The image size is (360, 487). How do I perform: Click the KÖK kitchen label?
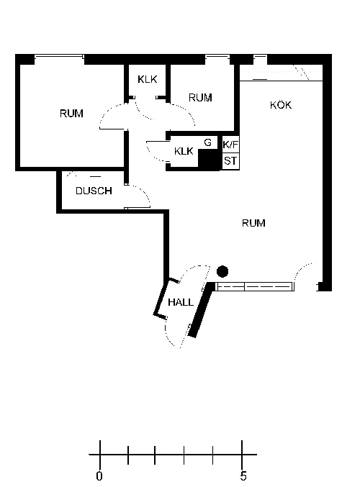[281, 105]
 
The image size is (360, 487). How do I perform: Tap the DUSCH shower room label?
[94, 191]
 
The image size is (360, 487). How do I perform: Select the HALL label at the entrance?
[181, 302]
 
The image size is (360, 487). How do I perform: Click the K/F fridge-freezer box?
[230, 145]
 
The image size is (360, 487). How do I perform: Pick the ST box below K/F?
[230, 161]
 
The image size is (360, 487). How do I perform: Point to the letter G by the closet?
[207, 142]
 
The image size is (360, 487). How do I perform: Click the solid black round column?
[222, 271]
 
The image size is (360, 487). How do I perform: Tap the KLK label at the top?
[148, 79]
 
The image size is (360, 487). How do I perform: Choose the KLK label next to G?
[184, 151]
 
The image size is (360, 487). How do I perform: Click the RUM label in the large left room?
[71, 114]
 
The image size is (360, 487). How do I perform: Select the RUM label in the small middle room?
[200, 98]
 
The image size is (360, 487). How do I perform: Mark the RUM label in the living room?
[253, 223]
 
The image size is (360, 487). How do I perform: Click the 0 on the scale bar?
[99, 475]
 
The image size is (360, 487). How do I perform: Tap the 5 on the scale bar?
[243, 475]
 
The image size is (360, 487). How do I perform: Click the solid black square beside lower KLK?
[209, 160]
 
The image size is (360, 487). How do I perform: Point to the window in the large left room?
[59, 57]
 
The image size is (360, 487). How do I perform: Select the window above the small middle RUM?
[217, 57]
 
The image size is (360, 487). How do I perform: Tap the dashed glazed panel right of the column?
[255, 286]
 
